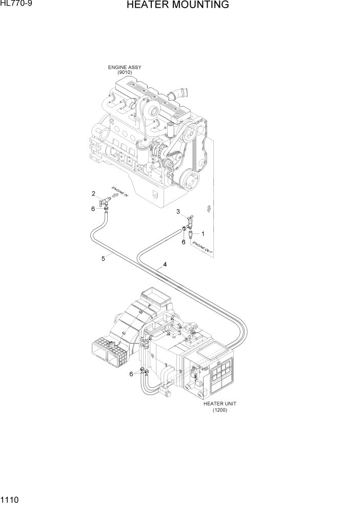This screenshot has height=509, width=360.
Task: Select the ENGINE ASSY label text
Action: [125, 67]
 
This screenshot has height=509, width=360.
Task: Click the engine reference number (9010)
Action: [125, 73]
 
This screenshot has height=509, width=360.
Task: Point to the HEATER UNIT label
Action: [219, 403]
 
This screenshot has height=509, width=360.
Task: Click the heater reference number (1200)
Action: [219, 410]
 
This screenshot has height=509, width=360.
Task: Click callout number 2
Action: [93, 193]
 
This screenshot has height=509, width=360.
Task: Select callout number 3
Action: [178, 211]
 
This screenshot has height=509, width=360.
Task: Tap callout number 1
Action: [203, 234]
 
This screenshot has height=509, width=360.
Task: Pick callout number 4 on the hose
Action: [165, 265]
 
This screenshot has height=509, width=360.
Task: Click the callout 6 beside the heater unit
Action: [131, 374]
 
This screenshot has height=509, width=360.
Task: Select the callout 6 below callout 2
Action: [93, 208]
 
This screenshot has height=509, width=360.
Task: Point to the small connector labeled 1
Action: [190, 235]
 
